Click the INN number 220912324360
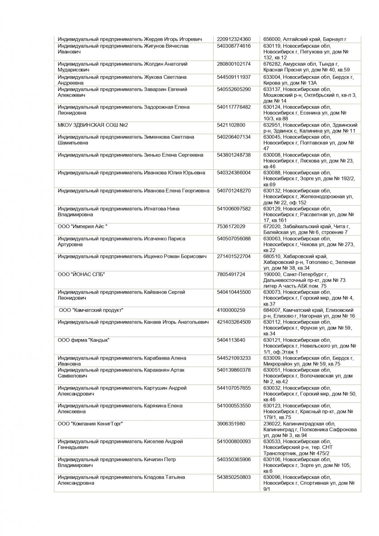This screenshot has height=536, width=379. coord(234,39)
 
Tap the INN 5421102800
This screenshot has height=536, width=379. coord(231,125)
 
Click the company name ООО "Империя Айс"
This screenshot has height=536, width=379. coord(82,227)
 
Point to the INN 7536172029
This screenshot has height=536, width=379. coord(231,227)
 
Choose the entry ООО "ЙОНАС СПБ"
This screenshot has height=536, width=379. coord(81,274)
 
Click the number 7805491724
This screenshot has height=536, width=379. coord(231,274)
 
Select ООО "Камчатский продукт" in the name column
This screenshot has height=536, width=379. coord(91,310)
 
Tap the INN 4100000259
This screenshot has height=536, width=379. coord(231,310)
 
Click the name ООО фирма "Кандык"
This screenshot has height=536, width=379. coord(84,340)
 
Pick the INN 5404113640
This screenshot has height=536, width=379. coord(231,340)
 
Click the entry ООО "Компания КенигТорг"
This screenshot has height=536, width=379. coord(90,424)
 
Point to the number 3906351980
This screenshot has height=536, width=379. coord(231,424)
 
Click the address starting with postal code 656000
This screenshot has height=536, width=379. coord(305,39)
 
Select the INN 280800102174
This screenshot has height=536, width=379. coord(234,64)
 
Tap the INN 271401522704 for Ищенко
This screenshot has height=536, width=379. coord(234,257)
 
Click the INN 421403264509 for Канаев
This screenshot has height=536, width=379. coord(234,322)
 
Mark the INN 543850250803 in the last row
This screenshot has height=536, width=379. coord(234,477)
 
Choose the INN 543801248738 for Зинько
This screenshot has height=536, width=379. coord(234,155)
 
